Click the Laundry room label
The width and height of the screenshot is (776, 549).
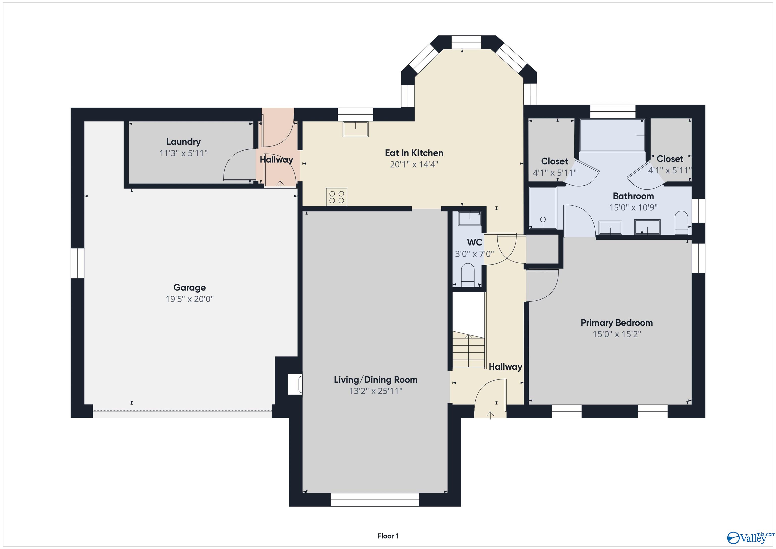(183, 142)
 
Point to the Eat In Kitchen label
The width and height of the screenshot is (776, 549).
(414, 153)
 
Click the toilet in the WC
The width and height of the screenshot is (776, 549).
(468, 276)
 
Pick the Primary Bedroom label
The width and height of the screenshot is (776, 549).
(616, 323)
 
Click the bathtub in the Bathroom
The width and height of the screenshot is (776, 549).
(612, 135)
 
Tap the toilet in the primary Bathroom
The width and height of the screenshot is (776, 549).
(681, 222)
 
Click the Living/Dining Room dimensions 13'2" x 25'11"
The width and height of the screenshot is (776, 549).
(375, 391)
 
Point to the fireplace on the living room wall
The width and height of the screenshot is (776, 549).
(295, 384)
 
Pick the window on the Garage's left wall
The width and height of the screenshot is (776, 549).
(77, 263)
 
